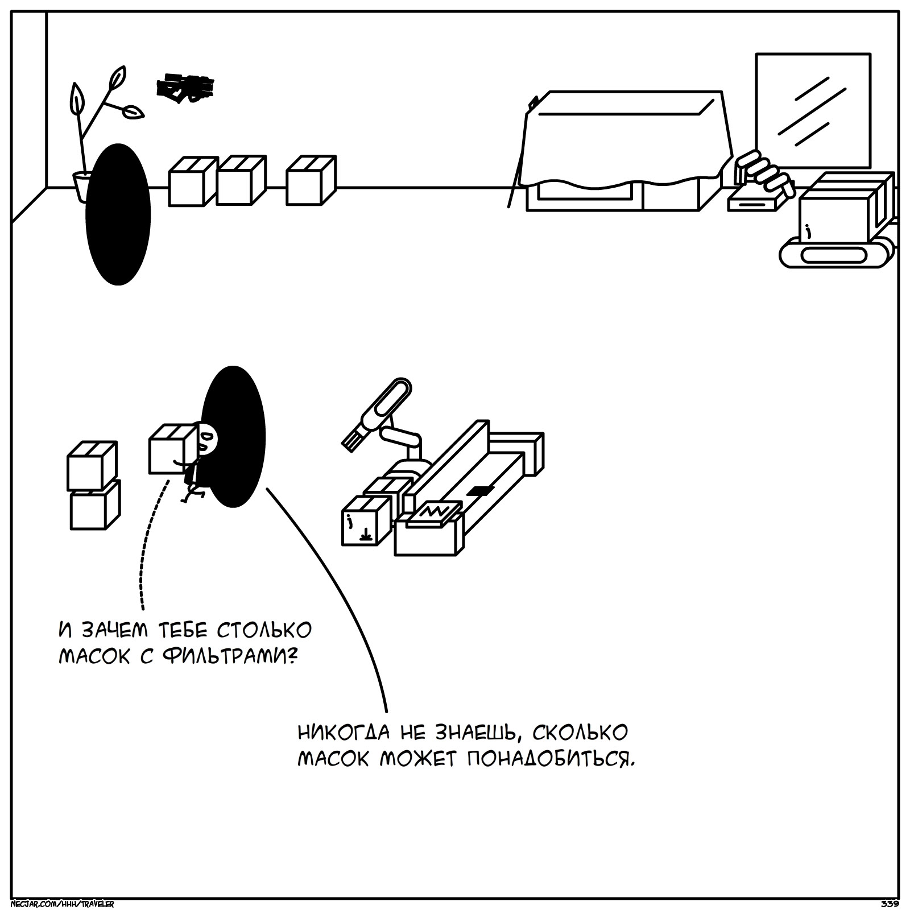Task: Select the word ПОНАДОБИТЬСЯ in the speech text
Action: (549, 759)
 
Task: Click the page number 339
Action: (889, 904)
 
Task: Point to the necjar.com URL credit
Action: (63, 904)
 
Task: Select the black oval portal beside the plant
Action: (118, 214)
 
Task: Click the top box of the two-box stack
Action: (92, 465)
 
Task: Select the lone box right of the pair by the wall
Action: (311, 180)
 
